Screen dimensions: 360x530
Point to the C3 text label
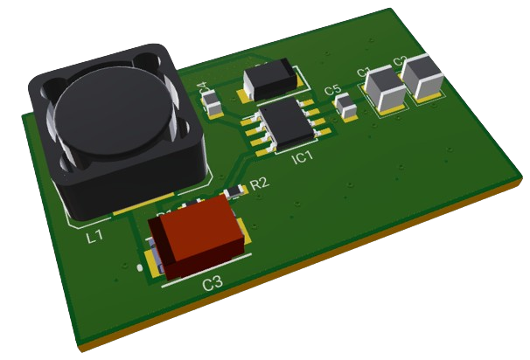pos(213,283)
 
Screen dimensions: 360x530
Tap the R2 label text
pos(260,183)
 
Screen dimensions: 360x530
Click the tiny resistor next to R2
pos(234,191)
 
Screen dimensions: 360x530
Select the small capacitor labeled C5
pos(347,107)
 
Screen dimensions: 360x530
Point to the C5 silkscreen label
pos(332,90)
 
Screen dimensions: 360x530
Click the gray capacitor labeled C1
pos(383,89)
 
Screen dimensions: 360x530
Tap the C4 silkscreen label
pos(203,88)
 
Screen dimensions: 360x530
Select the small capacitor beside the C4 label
pos(212,104)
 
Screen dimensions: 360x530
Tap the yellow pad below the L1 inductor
pos(131,208)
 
